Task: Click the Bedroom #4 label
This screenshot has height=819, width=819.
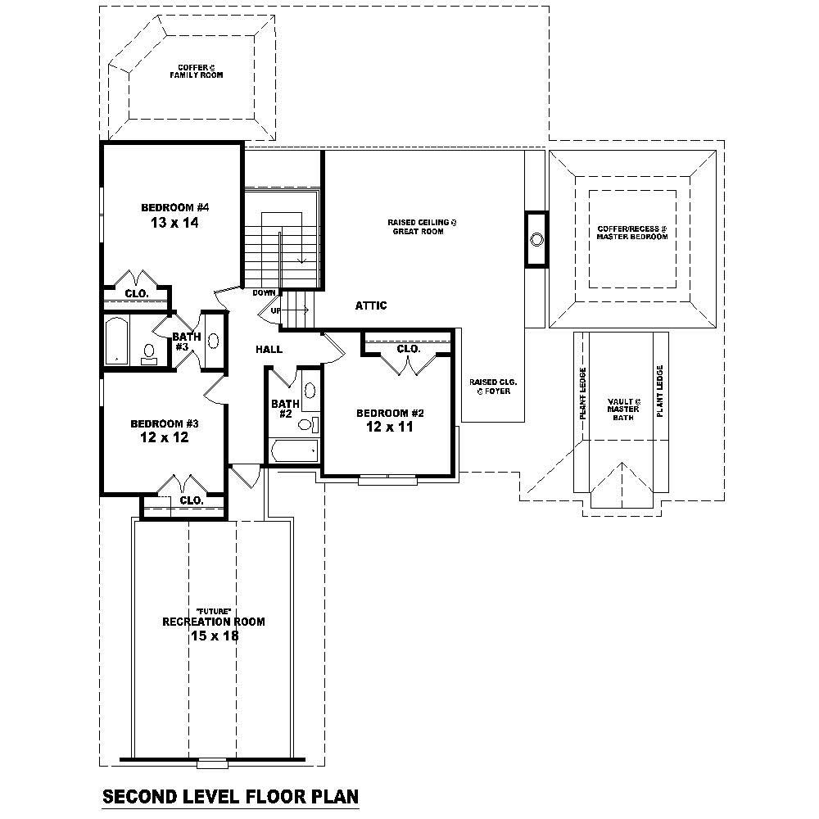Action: tap(171, 207)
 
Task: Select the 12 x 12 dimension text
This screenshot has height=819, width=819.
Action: tap(165, 437)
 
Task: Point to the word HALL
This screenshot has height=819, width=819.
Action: tap(269, 350)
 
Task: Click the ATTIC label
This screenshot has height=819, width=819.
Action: tap(370, 305)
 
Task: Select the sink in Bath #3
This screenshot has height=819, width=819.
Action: tap(214, 342)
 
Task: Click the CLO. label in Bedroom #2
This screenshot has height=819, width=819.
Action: tap(408, 349)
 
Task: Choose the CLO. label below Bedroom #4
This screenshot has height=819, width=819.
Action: tap(136, 292)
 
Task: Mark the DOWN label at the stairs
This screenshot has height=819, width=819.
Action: tap(264, 292)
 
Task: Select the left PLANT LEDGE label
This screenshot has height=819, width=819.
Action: tap(583, 393)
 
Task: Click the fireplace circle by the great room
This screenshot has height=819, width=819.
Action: tap(536, 239)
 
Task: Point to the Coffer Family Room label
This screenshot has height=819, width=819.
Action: tap(197, 71)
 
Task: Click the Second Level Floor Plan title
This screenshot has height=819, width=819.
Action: tap(230, 795)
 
